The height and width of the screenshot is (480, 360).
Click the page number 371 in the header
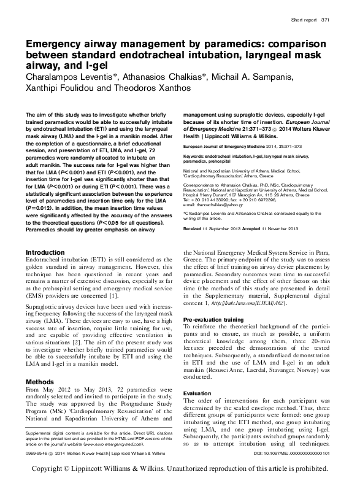pyautogui.click(x=326, y=20)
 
